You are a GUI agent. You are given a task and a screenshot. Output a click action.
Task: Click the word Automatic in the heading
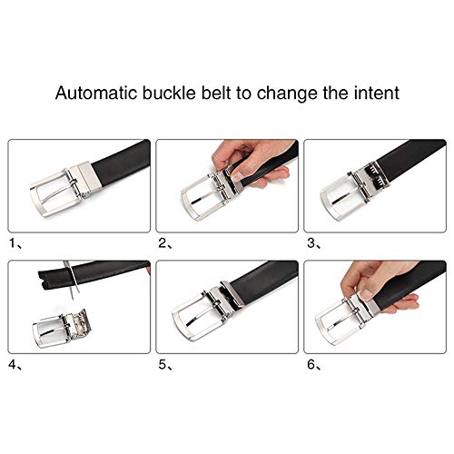tap(96, 93)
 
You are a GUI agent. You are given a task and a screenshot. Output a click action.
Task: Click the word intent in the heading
tap(377, 93)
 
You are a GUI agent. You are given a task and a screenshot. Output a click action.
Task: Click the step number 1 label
tap(13, 243)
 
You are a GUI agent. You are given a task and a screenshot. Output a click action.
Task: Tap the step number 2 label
tap(162, 243)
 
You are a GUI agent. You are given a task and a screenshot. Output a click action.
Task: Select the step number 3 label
tap(311, 243)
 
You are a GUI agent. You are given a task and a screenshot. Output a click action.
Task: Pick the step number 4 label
tap(13, 365)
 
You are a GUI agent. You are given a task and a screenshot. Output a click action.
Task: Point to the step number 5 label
tap(163, 365)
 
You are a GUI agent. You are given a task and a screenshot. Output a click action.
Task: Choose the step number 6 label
tap(311, 365)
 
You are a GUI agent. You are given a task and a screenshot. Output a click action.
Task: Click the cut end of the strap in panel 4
tap(44, 280)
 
